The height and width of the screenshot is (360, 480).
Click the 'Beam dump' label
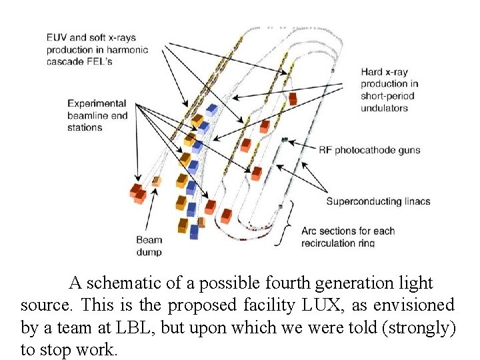click(149, 246)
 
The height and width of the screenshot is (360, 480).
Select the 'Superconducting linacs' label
click(378, 201)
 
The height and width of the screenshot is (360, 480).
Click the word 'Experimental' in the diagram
click(97, 104)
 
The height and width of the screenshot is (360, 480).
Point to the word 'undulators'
click(384, 108)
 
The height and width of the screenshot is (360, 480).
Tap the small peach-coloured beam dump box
click(157, 181)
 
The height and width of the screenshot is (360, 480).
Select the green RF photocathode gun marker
click(285, 140)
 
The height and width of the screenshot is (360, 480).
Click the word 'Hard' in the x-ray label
click(372, 72)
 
